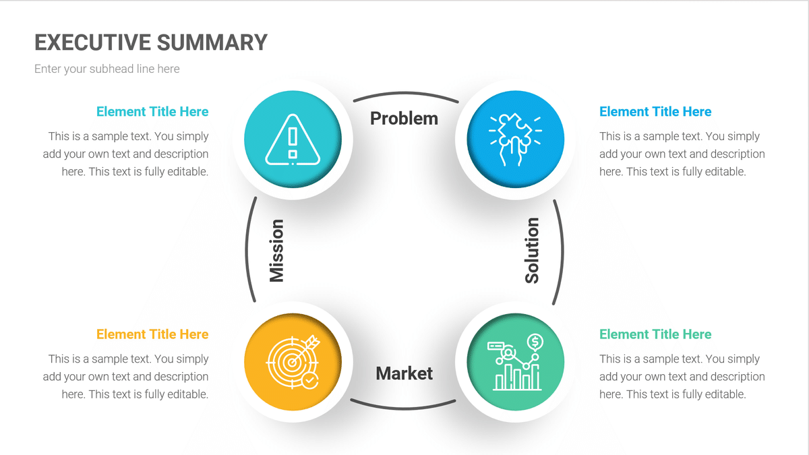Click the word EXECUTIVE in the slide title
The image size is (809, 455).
[92, 42]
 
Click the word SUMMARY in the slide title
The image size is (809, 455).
[212, 42]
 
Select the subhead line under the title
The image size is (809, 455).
[107, 69]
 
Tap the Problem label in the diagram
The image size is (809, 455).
[404, 119]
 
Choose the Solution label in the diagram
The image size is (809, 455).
[532, 250]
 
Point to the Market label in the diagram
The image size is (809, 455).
[404, 373]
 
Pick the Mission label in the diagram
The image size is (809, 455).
[276, 250]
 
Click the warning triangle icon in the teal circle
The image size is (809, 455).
[293, 140]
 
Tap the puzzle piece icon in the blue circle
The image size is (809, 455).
[514, 140]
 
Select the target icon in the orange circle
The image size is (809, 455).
[293, 362]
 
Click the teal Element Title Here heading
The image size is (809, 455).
[152, 112]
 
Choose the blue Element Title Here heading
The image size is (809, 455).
[655, 112]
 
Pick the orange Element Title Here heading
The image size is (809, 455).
[152, 334]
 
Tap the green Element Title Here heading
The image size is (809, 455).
[655, 334]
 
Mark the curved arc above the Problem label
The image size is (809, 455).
[404, 94]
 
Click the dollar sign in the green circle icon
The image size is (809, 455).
[535, 340]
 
